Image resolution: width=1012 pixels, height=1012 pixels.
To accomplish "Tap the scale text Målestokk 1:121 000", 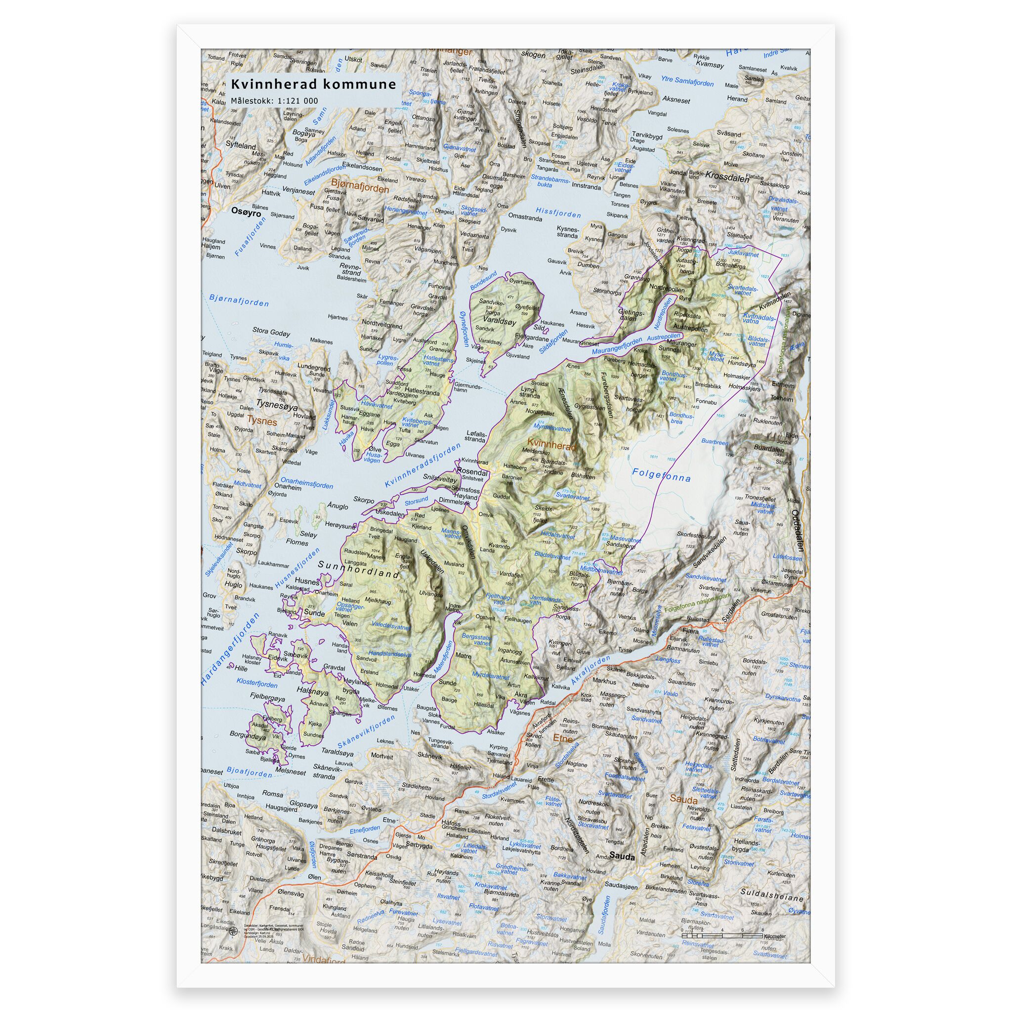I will [274, 101].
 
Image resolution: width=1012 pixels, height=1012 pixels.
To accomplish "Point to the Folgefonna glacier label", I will [661, 474].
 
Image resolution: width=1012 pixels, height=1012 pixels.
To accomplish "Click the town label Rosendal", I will [472, 471].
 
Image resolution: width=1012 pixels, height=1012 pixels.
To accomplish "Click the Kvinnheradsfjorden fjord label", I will [422, 465].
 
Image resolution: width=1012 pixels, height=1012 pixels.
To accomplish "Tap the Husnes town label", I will [307, 582].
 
